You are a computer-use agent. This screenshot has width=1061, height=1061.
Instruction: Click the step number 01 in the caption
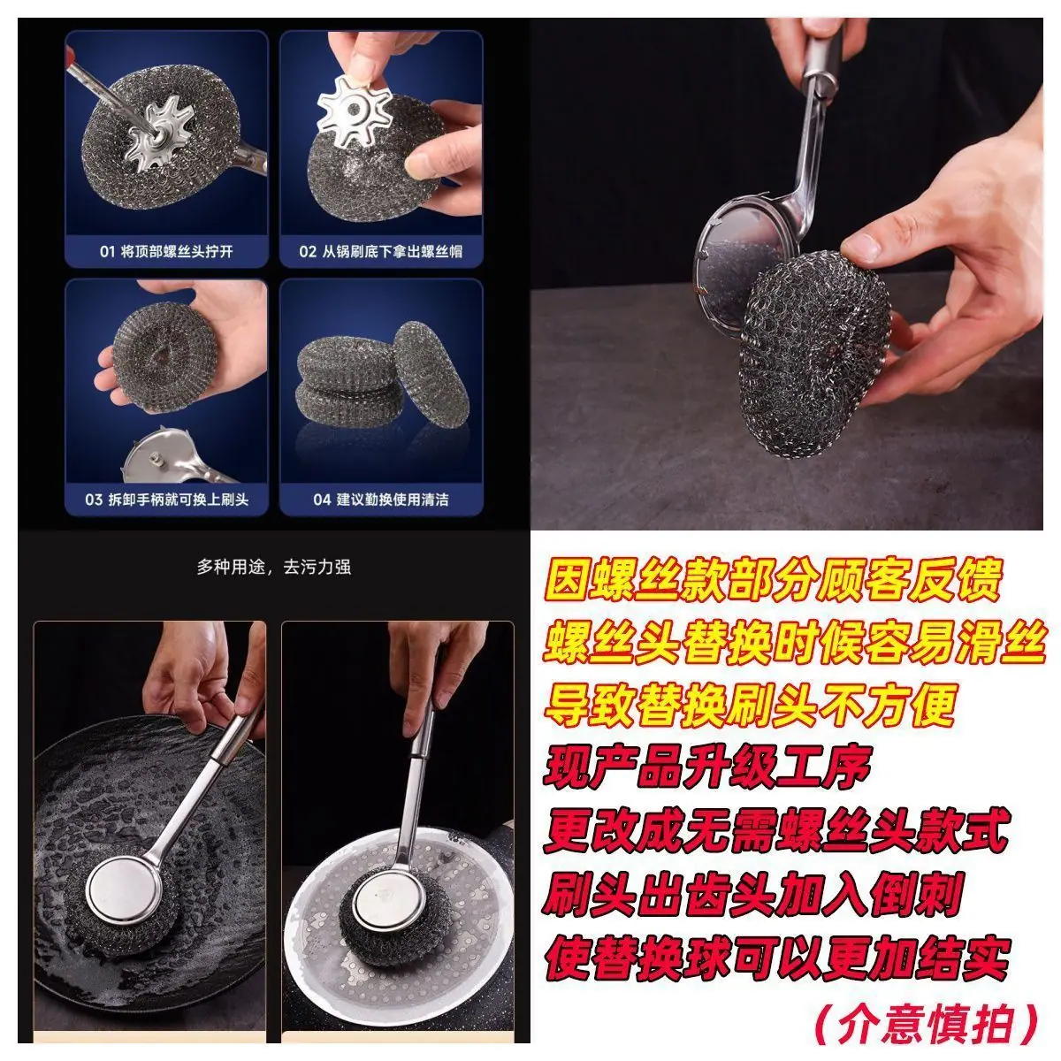point(107,252)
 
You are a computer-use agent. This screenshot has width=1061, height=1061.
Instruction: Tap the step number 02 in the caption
point(307,252)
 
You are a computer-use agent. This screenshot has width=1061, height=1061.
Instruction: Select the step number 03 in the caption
point(94,500)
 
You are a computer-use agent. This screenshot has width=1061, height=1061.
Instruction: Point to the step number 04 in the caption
point(322,500)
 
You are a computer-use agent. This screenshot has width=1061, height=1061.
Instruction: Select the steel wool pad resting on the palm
point(164,356)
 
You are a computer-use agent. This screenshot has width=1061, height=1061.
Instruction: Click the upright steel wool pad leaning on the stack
point(431,374)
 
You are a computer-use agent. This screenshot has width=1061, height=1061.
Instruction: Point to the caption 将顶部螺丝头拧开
point(177,252)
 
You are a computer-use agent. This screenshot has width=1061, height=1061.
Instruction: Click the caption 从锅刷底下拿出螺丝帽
point(392,252)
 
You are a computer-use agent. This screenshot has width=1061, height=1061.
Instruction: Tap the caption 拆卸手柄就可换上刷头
point(178,500)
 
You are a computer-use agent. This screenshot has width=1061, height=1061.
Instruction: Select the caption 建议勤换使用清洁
point(393,500)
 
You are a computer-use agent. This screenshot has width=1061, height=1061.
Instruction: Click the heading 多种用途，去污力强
point(274,567)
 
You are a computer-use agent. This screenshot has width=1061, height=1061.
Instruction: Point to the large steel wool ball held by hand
point(813,354)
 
